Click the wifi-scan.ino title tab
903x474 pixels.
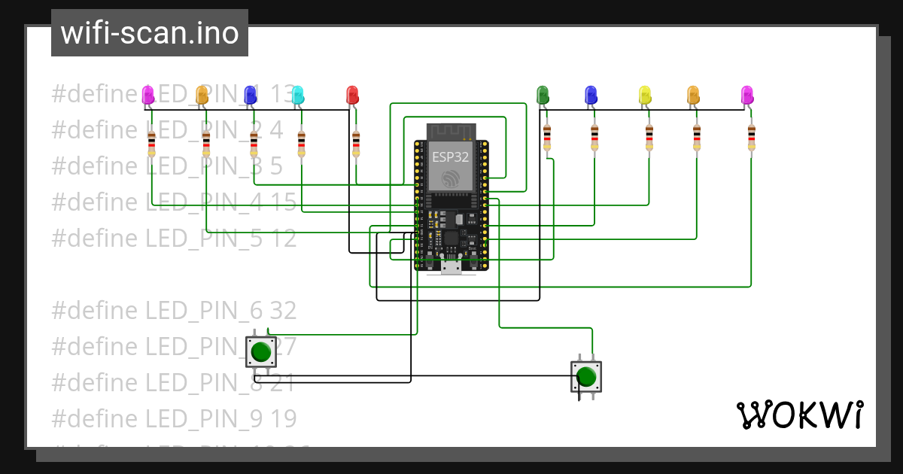coord(149,33)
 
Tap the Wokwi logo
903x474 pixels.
coord(799,415)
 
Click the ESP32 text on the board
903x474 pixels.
coord(451,157)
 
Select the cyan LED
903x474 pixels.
coord(298,95)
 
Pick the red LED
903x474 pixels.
coord(352,95)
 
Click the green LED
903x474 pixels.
coord(543,95)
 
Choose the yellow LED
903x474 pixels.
coord(645,95)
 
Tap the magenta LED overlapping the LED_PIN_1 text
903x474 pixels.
coord(148,95)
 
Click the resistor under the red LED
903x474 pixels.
coord(356,144)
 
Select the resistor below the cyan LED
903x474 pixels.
coord(302,144)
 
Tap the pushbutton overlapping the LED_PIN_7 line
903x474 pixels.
coord(261,351)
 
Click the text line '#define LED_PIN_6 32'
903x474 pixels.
coord(174,310)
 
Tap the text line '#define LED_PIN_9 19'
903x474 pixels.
coord(174,418)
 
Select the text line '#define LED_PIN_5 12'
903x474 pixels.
coord(174,239)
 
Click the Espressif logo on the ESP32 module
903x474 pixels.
coord(451,178)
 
